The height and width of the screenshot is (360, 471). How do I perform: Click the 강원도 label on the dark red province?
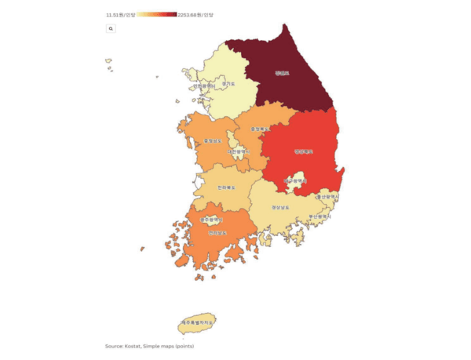point(282,73)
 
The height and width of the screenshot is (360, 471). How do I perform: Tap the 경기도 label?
point(228,82)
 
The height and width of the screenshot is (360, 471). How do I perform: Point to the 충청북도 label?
point(260,128)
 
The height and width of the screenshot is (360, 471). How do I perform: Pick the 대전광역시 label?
point(238,151)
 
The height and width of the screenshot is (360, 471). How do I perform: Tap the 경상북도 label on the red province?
point(304,151)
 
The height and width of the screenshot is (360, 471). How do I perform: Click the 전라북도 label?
point(228,187)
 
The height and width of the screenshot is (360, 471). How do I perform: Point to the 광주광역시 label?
point(212,220)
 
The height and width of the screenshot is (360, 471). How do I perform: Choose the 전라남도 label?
point(218,233)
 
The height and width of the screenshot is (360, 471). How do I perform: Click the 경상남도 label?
point(280,207)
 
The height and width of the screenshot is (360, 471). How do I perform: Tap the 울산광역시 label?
point(327,197)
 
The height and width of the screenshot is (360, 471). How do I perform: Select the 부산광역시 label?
point(320,216)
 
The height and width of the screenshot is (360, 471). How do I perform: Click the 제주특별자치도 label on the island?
point(197,322)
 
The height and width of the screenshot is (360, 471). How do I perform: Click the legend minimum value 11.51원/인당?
point(121,15)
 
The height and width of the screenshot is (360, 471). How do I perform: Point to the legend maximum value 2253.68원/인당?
point(195,15)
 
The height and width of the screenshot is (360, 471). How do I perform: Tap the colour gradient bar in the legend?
point(157,15)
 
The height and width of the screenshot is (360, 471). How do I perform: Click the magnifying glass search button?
point(111,28)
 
